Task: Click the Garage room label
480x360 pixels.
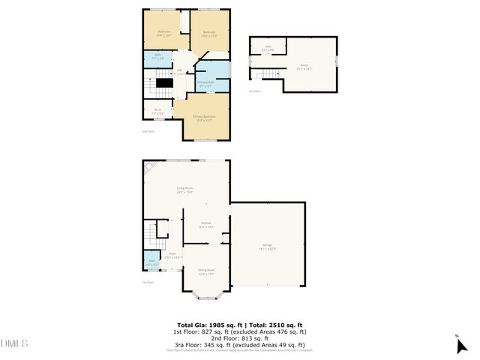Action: point(269,247)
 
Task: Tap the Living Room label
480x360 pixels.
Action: point(185,190)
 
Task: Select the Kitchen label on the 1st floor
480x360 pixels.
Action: point(205,224)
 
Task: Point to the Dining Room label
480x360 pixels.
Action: point(206,271)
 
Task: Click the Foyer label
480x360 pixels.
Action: point(172,256)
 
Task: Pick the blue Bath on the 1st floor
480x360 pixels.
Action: point(151,263)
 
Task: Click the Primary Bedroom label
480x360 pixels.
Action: point(204,118)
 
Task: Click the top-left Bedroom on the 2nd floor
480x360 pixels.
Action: point(163,32)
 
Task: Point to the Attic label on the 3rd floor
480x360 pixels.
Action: point(268,49)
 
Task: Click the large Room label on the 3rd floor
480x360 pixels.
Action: point(304,66)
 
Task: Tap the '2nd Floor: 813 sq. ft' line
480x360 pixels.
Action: point(239,337)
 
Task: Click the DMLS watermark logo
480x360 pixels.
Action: point(14,344)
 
